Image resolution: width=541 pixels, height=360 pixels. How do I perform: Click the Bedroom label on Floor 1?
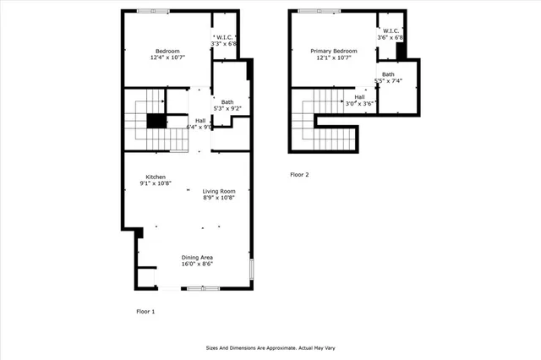coord(166,51)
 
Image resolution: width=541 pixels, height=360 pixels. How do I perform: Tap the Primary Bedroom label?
coord(333,51)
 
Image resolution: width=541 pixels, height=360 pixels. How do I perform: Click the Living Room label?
coord(218,191)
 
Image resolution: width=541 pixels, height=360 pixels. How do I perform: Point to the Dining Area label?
coord(196,257)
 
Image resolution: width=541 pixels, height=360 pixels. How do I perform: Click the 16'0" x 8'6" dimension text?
coord(196,264)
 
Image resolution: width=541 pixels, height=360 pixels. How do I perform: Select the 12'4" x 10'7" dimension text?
coord(166,57)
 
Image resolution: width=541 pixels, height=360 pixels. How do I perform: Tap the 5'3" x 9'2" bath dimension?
coord(227,108)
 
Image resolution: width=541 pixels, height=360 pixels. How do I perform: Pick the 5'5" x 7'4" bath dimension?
coord(388,81)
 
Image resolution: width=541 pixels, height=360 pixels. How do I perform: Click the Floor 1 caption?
coord(145,312)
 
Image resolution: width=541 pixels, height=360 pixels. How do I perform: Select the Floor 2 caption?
coord(299,175)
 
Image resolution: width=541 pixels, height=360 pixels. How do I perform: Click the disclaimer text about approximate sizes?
coord(270,347)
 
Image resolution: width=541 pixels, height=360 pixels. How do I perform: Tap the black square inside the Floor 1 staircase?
coord(156,121)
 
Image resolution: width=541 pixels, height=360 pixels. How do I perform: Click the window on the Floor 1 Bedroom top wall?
coord(153,11)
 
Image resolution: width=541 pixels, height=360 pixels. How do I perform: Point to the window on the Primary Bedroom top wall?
coord(320,11)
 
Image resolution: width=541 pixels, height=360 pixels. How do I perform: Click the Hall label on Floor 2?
coord(359,96)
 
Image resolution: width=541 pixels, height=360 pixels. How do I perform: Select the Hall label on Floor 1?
coord(200,121)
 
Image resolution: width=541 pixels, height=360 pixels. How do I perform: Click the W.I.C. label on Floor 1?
coord(223,38)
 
